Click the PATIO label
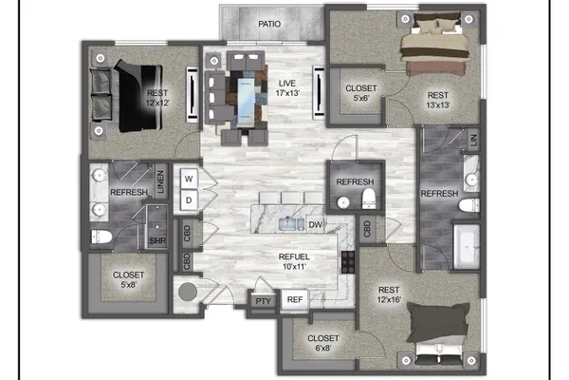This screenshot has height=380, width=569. tap(269, 24)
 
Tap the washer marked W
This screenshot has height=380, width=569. tap(189, 179)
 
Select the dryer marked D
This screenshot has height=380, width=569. tap(189, 200)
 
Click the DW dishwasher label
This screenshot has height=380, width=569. tap(315, 225)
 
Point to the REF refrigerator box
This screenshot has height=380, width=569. tap(295, 299)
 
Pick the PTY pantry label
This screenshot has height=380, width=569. tap(264, 301)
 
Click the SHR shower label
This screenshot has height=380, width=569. tap(157, 240)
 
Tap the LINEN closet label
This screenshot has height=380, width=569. tap(160, 181)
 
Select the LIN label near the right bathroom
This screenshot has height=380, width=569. tap(474, 140)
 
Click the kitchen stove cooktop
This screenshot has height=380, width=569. tap(348, 262)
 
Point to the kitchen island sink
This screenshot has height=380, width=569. tap(291, 224)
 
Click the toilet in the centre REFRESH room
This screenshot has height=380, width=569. tap(368, 199)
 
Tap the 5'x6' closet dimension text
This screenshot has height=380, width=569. tap(361, 98)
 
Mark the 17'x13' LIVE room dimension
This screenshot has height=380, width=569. tap(287, 93)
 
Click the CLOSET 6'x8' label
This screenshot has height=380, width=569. tap(323, 343)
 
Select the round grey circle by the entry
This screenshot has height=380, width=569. tap(188, 292)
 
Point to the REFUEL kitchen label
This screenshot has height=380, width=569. tap(294, 256)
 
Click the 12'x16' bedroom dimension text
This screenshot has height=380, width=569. tap(389, 299)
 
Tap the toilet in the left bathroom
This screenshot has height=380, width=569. tap(101, 237)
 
